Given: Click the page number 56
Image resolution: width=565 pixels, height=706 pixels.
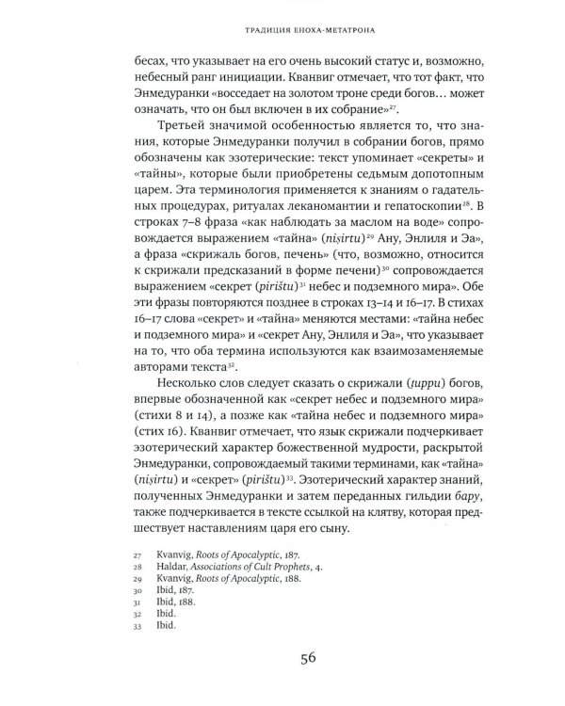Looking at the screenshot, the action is [282, 658].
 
